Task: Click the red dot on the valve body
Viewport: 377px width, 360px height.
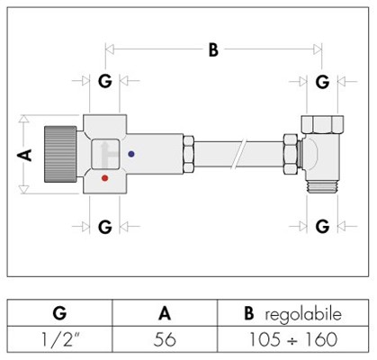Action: (x=104, y=178)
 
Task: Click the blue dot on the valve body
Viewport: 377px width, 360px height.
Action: (x=131, y=154)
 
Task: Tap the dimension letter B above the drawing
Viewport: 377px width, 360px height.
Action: (x=213, y=49)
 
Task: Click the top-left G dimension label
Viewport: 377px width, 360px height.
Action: (x=105, y=81)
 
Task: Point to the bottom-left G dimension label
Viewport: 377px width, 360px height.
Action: (x=105, y=227)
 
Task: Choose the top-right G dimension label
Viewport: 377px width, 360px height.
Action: (x=322, y=82)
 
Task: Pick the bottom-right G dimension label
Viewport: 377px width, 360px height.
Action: (x=322, y=227)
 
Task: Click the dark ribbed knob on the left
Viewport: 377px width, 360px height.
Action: (x=60, y=154)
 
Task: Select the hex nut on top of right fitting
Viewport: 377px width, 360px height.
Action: (x=322, y=124)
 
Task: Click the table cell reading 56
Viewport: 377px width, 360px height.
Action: (x=165, y=339)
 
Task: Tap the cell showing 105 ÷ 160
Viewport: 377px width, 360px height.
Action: (x=293, y=339)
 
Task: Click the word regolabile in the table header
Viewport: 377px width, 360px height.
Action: (x=303, y=315)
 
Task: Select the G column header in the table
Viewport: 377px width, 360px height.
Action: (x=59, y=313)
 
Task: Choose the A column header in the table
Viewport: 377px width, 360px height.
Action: (x=165, y=313)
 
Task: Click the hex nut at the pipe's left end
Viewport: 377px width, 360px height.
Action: (x=189, y=154)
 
